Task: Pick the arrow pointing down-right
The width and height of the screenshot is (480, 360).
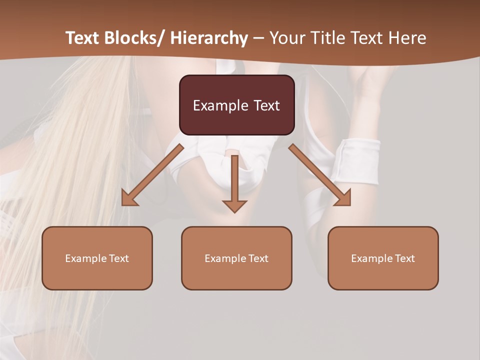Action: tap(320, 175)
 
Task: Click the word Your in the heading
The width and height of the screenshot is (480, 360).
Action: tap(286, 38)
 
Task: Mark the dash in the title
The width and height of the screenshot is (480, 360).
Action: tap(258, 39)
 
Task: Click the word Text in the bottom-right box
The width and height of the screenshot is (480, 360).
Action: tap(404, 258)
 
